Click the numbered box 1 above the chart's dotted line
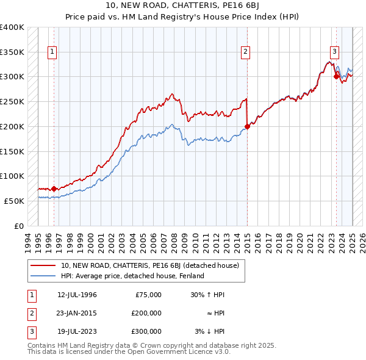tap(53, 52)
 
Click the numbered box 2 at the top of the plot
tap(245, 52)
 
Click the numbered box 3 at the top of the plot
tap(335, 52)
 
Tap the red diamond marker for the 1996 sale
tap(54, 189)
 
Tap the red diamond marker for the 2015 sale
tap(247, 127)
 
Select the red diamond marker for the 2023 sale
tap(336, 76)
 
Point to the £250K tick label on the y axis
tap(12, 101)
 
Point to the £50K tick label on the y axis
tap(15, 201)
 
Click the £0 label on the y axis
tap(20, 226)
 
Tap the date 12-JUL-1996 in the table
tap(77, 295)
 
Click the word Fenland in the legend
tap(191, 276)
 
